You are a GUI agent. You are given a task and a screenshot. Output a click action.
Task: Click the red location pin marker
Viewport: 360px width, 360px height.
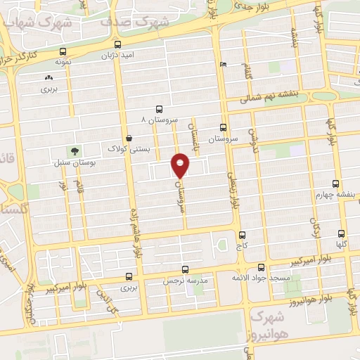(181, 165)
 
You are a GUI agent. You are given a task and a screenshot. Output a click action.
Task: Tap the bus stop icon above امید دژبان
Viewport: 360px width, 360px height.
(108, 42)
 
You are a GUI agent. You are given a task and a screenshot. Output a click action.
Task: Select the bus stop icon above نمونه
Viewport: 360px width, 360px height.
(64, 51)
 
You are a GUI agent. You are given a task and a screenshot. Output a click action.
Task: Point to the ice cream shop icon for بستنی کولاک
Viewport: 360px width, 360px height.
(127, 138)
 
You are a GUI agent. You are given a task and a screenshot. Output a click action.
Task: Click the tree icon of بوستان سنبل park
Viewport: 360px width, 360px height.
(73, 150)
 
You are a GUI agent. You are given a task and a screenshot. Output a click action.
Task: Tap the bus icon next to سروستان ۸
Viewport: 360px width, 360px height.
(160, 109)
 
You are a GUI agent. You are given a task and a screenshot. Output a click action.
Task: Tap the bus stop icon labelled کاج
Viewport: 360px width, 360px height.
(243, 236)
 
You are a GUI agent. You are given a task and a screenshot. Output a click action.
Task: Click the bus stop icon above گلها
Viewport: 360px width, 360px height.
(342, 236)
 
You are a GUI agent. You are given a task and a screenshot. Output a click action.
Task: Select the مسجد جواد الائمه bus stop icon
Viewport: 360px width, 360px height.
(261, 267)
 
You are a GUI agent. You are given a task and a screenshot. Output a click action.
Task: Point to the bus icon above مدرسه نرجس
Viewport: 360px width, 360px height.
(185, 269)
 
